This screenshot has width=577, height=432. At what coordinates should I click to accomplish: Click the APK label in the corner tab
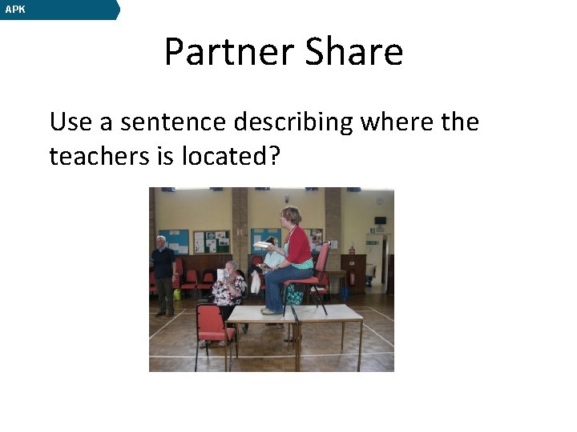15,10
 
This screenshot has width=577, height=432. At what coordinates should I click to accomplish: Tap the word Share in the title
354,52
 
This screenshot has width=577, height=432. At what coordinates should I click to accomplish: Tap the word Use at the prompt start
69,122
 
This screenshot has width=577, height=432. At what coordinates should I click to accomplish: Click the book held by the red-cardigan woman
264,245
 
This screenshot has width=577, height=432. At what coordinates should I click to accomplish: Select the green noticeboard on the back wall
211,242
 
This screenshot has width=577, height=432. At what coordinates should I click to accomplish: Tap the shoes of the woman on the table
272,310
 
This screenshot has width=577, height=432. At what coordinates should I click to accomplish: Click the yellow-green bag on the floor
177,294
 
